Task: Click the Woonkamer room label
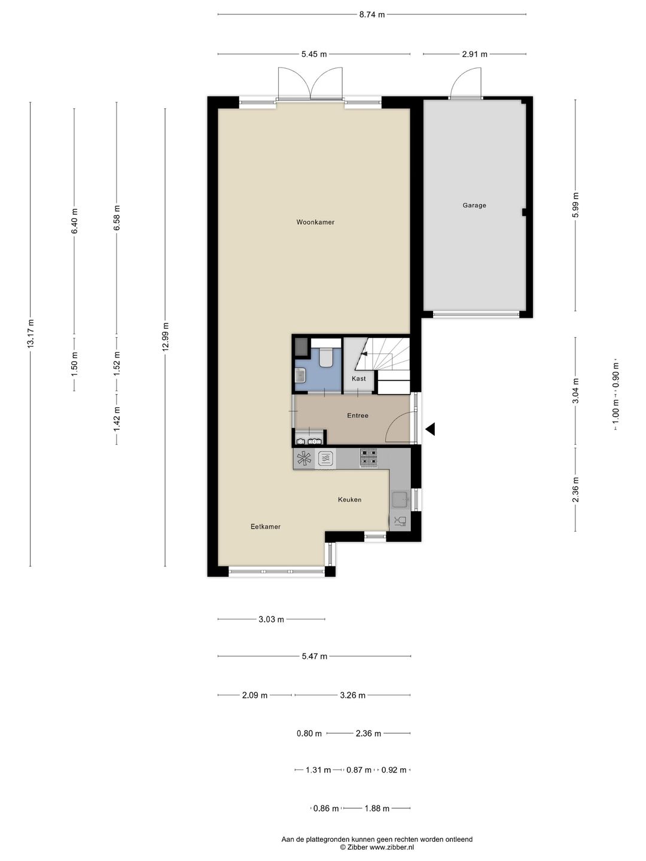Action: pyautogui.click(x=315, y=222)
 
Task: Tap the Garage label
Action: pyautogui.click(x=474, y=205)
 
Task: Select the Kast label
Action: pyautogui.click(x=358, y=378)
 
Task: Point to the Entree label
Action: pyautogui.click(x=358, y=416)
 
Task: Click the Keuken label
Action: pyautogui.click(x=350, y=499)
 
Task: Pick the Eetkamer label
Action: pyautogui.click(x=266, y=526)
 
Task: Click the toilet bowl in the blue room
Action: pyautogui.click(x=326, y=358)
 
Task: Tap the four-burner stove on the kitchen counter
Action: pyautogui.click(x=368, y=458)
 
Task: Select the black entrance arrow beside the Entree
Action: pyautogui.click(x=430, y=429)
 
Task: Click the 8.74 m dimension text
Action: pyautogui.click(x=372, y=14)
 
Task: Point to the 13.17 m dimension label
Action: pyautogui.click(x=31, y=333)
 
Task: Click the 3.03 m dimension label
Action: pyautogui.click(x=271, y=619)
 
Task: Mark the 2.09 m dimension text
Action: pyautogui.click(x=255, y=695)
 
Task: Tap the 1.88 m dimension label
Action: pyautogui.click(x=377, y=808)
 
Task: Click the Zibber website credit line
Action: pyautogui.click(x=377, y=847)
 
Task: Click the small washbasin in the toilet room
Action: pyautogui.click(x=300, y=376)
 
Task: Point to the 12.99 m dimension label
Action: pyautogui.click(x=166, y=337)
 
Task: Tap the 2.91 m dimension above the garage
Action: pyautogui.click(x=474, y=54)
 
